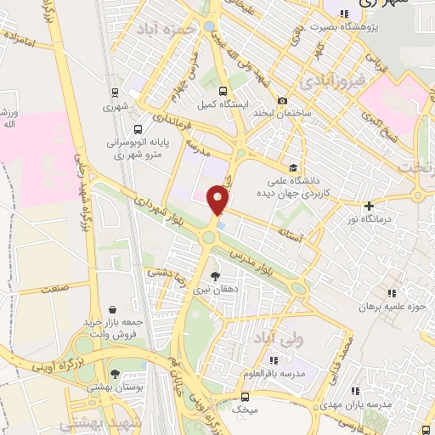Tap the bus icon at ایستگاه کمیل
coord(223,92)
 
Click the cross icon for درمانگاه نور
coord(368,206)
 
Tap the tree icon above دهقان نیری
coord(214,275)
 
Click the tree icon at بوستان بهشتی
coord(115,374)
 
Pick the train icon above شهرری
coord(114,93)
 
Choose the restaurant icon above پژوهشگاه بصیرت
coord(344,14)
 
